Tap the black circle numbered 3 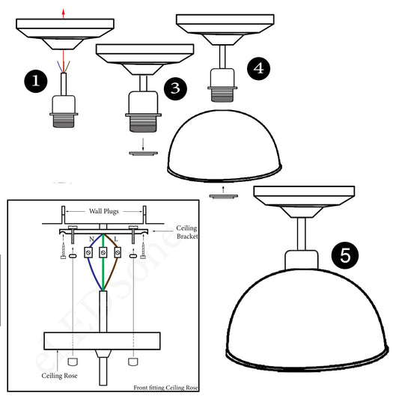[x=174, y=88]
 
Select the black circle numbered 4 [x=258, y=68]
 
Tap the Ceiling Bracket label [x=186, y=231]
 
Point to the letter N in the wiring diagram [x=91, y=240]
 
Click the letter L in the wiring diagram [x=115, y=240]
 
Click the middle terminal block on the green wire [x=103, y=249]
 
